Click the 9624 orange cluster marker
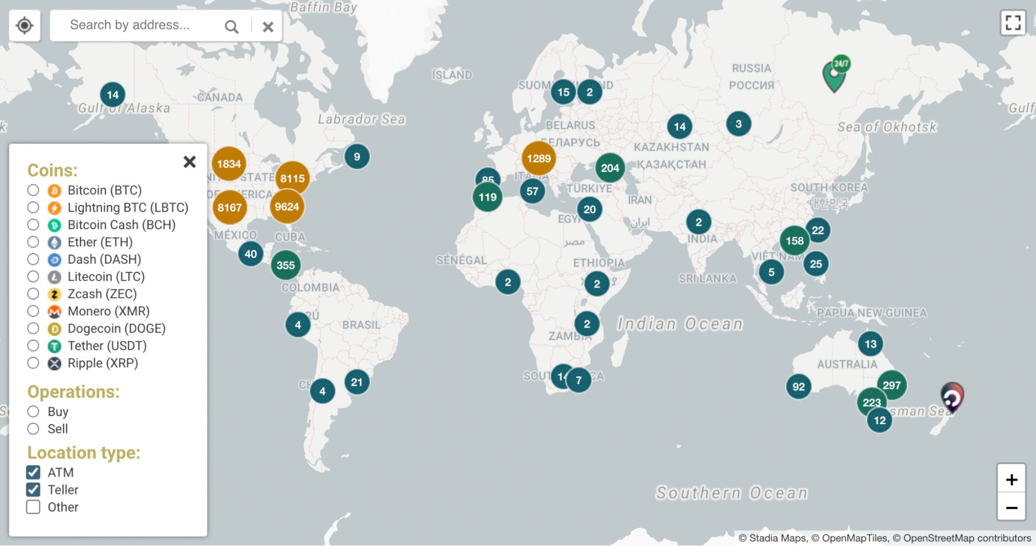[x=287, y=207]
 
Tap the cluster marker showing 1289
[x=538, y=159]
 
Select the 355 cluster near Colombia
[x=286, y=265]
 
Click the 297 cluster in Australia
[x=891, y=385]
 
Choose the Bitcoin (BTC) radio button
[x=33, y=190]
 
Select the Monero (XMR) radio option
[x=33, y=311]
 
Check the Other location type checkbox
[x=33, y=507]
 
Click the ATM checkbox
[x=33, y=472]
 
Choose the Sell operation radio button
[x=33, y=429]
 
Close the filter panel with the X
[x=190, y=162]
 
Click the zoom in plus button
[x=1011, y=480]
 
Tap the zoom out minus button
[x=1011, y=508]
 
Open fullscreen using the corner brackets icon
[x=1013, y=23]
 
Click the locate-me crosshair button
[x=24, y=25]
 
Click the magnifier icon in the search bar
[x=232, y=26]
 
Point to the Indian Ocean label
[x=680, y=324]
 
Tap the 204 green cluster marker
[x=610, y=168]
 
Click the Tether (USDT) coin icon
[x=54, y=346]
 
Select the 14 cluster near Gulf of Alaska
[x=112, y=95]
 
